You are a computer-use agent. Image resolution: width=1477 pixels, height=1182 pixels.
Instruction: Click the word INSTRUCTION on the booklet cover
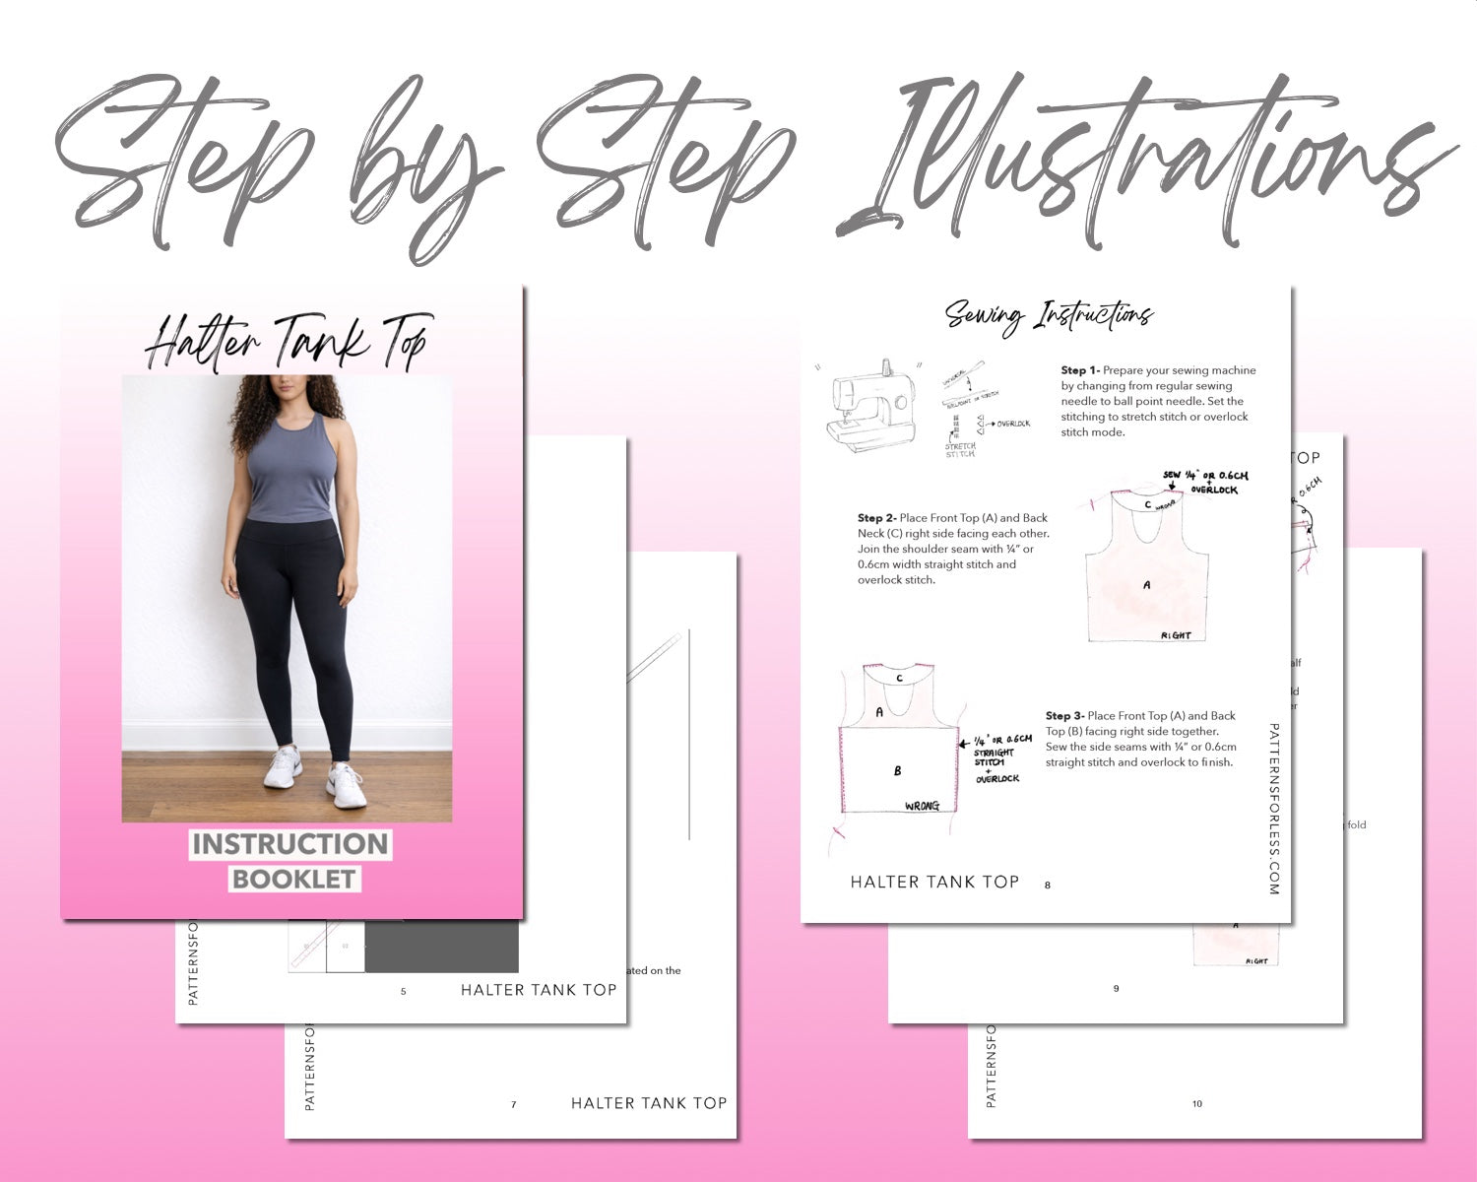click(x=290, y=844)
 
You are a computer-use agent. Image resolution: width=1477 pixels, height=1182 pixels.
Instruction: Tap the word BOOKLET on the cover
click(x=293, y=879)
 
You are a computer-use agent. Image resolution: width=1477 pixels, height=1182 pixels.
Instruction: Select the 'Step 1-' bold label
click(x=1080, y=370)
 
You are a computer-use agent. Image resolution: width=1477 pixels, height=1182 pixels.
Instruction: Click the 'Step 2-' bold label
click(x=876, y=518)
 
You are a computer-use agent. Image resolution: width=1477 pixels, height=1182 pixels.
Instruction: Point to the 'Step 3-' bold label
click(x=1064, y=716)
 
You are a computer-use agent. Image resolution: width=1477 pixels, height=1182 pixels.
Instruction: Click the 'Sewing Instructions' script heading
click(x=1049, y=316)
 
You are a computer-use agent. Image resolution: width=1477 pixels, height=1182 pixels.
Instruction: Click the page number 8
click(x=1047, y=885)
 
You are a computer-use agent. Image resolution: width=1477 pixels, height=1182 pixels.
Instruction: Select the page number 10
click(x=1196, y=1103)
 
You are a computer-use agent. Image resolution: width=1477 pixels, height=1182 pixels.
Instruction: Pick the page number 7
click(x=513, y=1104)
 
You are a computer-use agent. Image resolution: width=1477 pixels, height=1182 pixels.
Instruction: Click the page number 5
click(x=403, y=991)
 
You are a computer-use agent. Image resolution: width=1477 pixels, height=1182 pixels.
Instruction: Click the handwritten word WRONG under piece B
click(x=922, y=806)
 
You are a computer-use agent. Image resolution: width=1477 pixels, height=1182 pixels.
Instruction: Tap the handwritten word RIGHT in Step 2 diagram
click(x=1176, y=635)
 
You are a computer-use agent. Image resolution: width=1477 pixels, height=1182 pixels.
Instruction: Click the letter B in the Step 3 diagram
click(x=897, y=770)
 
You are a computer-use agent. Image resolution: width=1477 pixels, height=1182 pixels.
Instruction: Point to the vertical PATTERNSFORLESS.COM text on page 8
click(x=1273, y=808)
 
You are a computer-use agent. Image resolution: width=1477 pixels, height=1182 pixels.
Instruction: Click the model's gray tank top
click(x=289, y=473)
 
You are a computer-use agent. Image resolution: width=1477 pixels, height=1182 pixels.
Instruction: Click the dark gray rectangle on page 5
click(x=441, y=947)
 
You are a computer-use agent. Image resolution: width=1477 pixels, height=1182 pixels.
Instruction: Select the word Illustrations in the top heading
click(x=1142, y=163)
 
